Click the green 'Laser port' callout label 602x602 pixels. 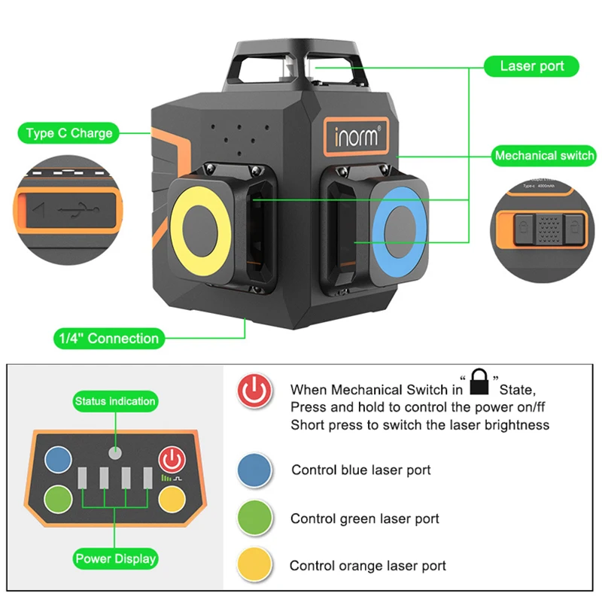click(531, 66)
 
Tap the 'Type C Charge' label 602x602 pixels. click(68, 133)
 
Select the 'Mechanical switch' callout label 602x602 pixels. click(544, 156)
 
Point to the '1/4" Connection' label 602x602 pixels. click(109, 338)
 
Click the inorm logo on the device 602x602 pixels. click(356, 136)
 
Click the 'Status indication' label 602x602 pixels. click(115, 401)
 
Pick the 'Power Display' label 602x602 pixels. click(115, 558)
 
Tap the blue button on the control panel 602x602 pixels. click(58, 459)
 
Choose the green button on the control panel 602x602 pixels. click(58, 499)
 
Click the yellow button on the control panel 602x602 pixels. click(172, 499)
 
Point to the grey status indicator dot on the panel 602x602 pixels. click(115, 453)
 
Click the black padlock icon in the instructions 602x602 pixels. click(479, 382)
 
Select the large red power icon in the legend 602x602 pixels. click(254, 391)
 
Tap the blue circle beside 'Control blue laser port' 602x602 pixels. click(254, 470)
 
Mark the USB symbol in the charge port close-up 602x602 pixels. click(78, 210)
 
